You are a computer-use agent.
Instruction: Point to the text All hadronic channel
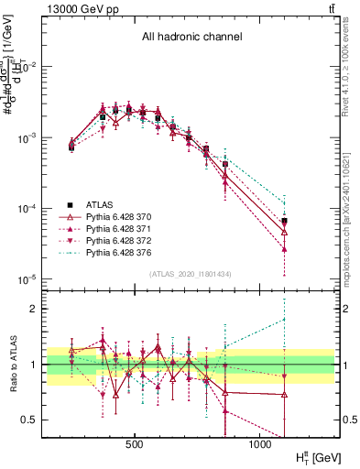tap(191, 38)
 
